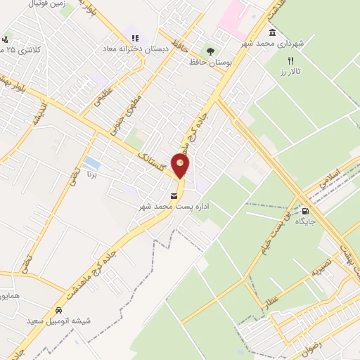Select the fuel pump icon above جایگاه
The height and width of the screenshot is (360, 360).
(x=304, y=210)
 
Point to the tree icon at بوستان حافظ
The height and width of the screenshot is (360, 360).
(x=210, y=51)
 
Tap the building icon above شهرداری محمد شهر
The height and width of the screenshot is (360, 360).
(x=272, y=32)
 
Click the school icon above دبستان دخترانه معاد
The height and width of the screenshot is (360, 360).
(x=134, y=37)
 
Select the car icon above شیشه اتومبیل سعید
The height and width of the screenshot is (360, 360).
(x=59, y=310)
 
